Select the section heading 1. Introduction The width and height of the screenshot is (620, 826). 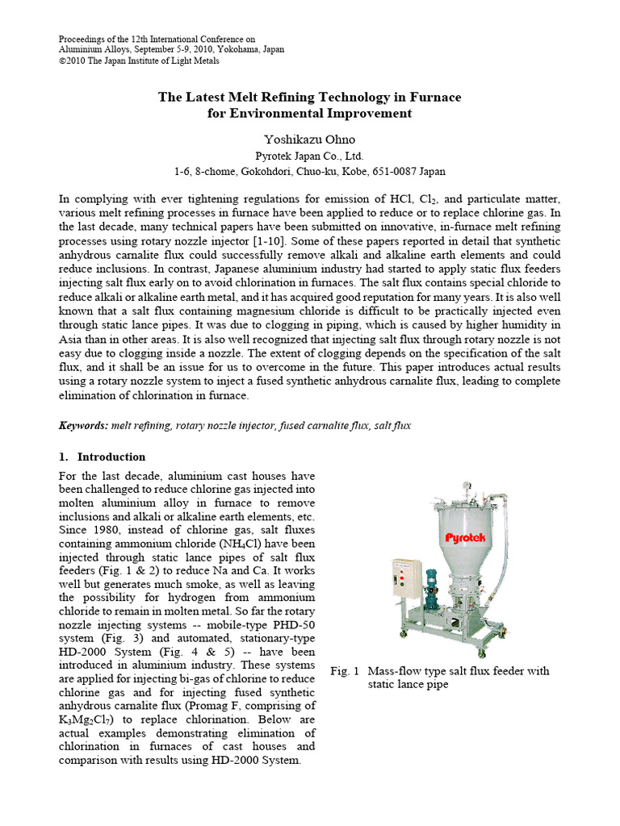(x=102, y=457)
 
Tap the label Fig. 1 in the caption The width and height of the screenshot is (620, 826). (x=345, y=671)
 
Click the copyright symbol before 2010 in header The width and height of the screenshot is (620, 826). (x=64, y=59)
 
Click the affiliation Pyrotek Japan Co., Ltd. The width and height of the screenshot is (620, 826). (x=309, y=156)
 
